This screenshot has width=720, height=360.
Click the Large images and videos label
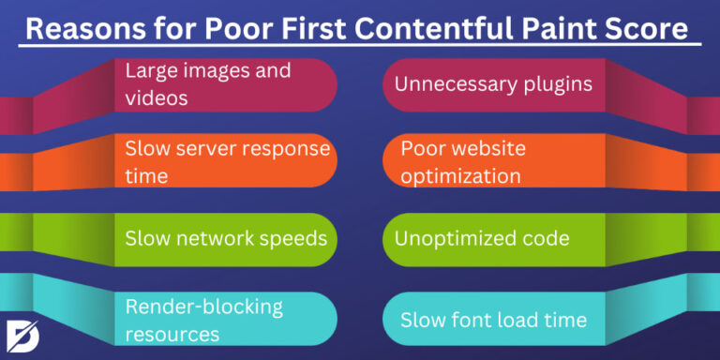point(208,83)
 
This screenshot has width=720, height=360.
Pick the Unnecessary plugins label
point(493,83)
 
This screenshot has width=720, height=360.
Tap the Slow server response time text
point(228,161)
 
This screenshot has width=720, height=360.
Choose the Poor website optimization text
point(460,161)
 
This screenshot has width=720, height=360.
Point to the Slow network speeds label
point(226,238)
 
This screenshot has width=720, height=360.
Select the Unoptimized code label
point(481,238)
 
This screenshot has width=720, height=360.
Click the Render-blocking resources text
point(203,319)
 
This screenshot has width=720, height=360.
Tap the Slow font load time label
point(493,320)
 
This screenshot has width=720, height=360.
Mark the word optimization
point(460,175)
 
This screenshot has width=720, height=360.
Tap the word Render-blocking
point(203,306)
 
